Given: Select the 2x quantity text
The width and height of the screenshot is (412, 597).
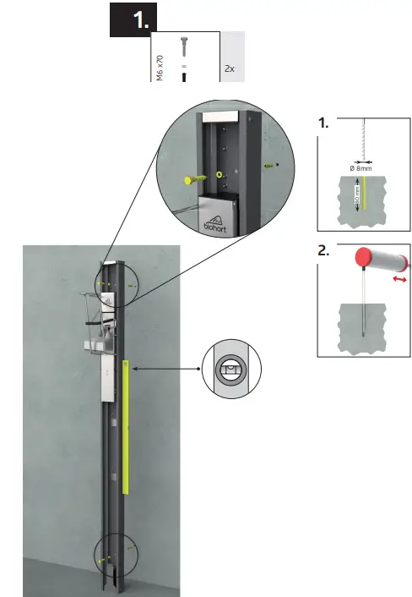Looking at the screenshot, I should (230, 66).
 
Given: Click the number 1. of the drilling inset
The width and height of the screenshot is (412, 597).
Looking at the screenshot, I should (324, 123).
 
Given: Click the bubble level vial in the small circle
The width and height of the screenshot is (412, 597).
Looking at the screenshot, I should (231, 369).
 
